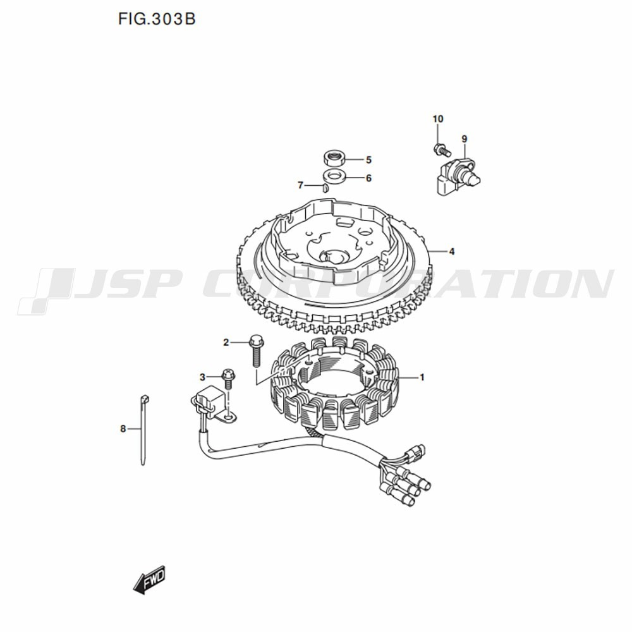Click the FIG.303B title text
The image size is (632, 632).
coord(155,20)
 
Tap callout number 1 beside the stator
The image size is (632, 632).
coord(422,378)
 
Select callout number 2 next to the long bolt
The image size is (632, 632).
coord(226,343)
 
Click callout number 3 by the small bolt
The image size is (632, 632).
coord(203,377)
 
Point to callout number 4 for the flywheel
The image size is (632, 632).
coord(452,252)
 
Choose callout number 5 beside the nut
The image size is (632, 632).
coord(368,160)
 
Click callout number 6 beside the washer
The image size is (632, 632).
coord(368,178)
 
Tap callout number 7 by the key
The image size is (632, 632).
coord(301,185)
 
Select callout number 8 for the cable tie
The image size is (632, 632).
coord(123,428)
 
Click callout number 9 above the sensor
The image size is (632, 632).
coord(464,138)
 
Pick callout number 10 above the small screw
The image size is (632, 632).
coord(438,119)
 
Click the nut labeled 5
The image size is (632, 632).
coord(334,157)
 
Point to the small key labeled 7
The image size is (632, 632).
coord(324,187)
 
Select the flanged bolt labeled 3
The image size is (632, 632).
coord(228,379)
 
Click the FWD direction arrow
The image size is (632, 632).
coord(150,578)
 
